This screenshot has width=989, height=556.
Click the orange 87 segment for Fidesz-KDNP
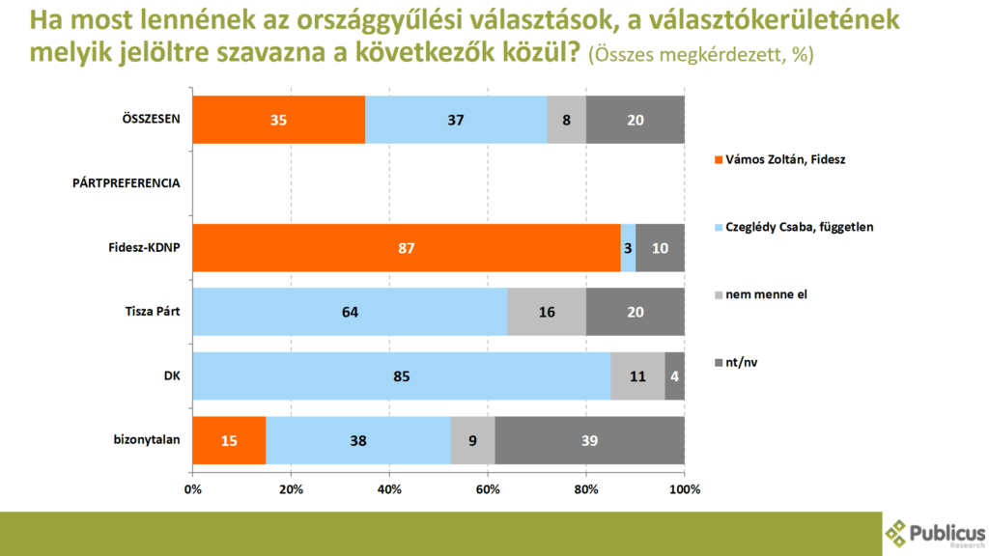pos(407,248)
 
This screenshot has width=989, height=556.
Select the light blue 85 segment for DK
pos(402,376)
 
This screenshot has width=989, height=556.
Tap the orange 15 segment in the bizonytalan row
pos(229,440)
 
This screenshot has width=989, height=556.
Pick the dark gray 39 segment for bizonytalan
pos(590,440)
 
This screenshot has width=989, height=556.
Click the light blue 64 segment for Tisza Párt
pos(350,313)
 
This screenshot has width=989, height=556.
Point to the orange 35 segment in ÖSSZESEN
pos(279,120)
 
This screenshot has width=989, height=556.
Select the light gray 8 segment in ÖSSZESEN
pos(566,120)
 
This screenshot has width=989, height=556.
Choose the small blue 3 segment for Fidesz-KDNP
pos(628,248)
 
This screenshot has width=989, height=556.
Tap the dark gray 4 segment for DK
pos(675,376)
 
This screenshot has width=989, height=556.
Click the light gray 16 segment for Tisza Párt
pos(547,313)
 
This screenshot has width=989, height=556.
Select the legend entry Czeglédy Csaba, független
pos(793,226)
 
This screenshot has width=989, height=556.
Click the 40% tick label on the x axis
pos(389,488)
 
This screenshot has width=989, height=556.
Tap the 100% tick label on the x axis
pos(685,488)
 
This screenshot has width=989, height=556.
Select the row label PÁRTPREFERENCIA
pos(125,183)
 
